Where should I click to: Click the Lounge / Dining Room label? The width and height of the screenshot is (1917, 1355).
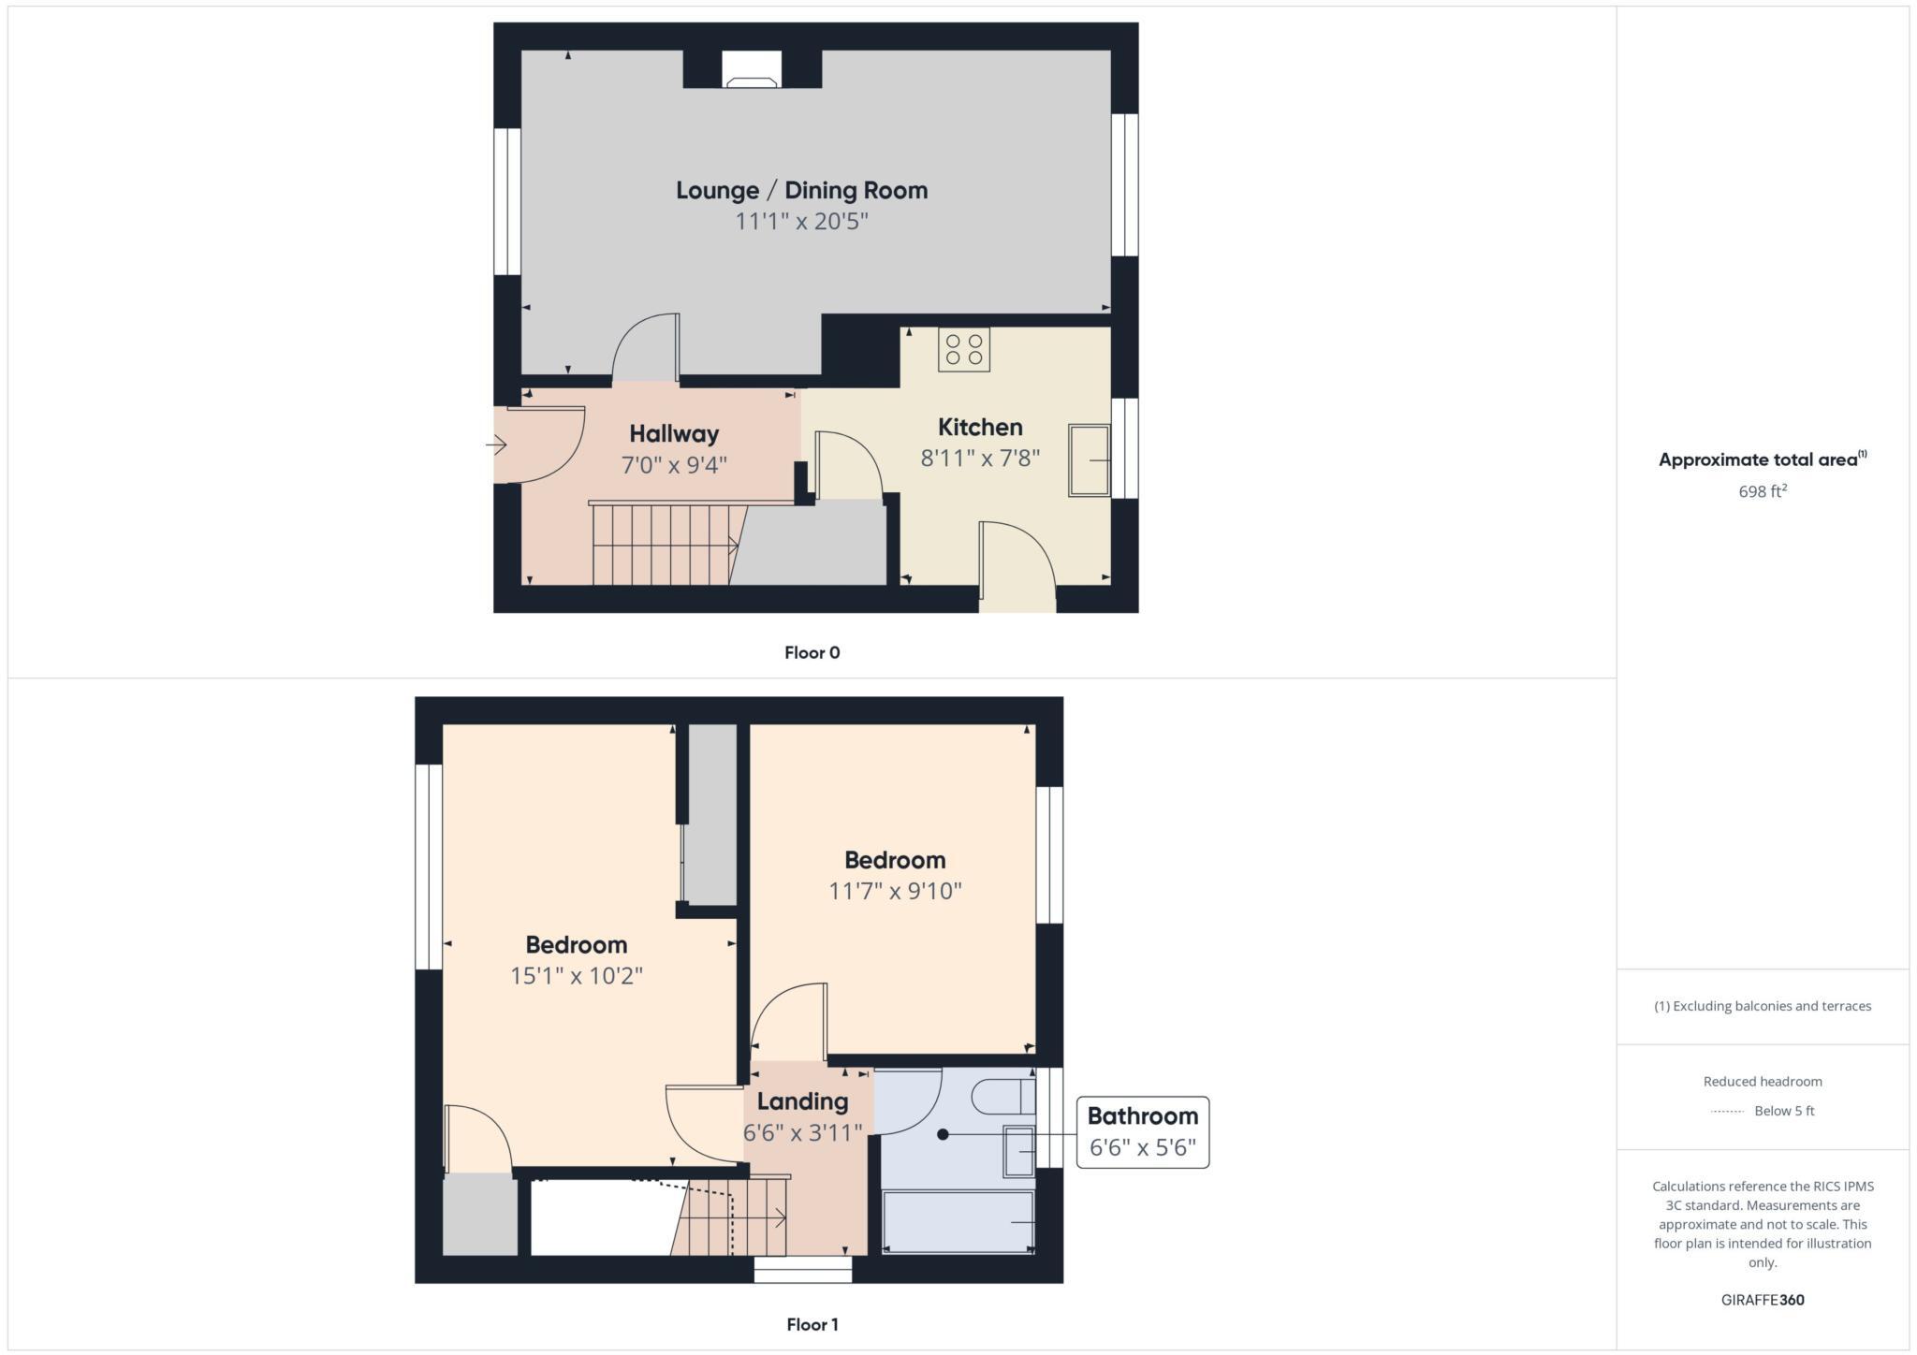[x=801, y=191]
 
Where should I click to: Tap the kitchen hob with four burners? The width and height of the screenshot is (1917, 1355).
[x=964, y=349]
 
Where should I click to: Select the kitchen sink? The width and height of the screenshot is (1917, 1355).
[x=1089, y=460]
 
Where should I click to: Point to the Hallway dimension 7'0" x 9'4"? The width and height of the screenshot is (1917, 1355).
[x=674, y=464]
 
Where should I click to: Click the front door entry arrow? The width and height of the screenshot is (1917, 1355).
[x=497, y=445]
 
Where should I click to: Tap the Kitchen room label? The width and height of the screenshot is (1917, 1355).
[x=980, y=428]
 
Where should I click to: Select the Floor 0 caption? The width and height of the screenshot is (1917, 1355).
[x=812, y=653]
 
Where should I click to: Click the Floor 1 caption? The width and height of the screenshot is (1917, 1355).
[x=812, y=1324]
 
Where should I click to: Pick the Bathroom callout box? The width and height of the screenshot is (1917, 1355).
[x=1142, y=1132]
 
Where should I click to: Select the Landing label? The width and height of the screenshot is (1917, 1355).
[x=802, y=1101]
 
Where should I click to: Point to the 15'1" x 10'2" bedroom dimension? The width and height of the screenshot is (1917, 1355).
[x=576, y=976]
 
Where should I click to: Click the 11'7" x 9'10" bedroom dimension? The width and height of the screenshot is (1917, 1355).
[x=895, y=891]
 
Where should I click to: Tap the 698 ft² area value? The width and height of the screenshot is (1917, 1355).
[x=1762, y=491]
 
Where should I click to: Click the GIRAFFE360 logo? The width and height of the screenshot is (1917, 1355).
[x=1762, y=1300]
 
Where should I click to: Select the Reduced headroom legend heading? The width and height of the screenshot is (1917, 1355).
[x=1762, y=1082]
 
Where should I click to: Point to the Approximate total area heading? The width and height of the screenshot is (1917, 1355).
[x=1762, y=459]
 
